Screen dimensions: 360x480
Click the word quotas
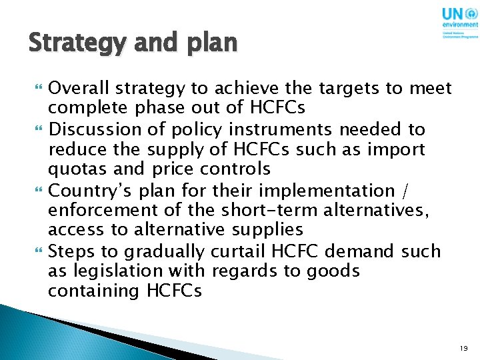[73, 169]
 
